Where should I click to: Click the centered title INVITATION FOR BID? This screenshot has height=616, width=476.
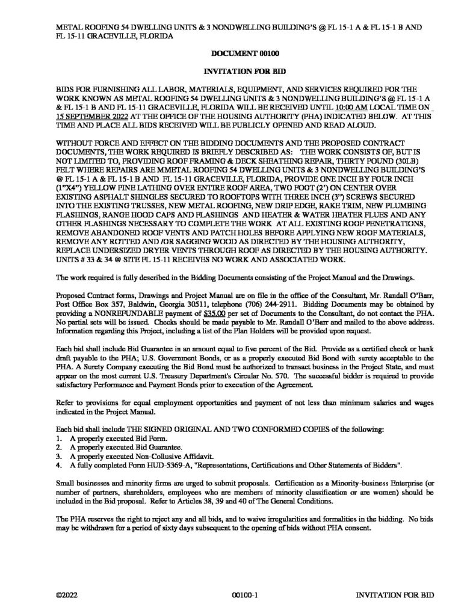238,72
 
